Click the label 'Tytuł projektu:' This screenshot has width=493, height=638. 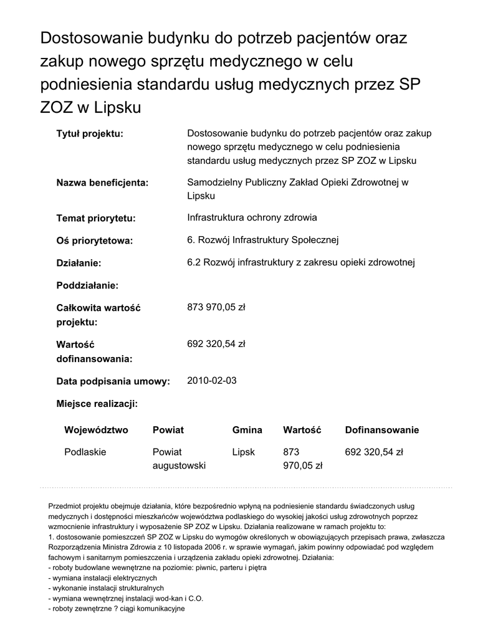click(x=90, y=134)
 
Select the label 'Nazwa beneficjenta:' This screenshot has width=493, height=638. click(x=102, y=183)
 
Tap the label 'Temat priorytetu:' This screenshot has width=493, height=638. click(x=95, y=219)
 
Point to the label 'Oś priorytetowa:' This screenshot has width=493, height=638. click(x=95, y=241)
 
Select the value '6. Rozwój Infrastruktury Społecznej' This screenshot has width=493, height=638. click(x=263, y=240)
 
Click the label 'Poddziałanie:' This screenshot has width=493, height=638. click(x=87, y=285)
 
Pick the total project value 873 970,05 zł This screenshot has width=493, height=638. click(x=216, y=307)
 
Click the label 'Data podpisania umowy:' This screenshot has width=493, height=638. click(x=113, y=382)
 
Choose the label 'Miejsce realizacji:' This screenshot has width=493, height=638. click(x=97, y=404)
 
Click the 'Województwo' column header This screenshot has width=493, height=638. click(x=96, y=431)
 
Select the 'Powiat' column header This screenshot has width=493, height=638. click(x=168, y=431)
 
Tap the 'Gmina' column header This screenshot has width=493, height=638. click(x=247, y=431)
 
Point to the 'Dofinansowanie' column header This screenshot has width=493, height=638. click(x=382, y=431)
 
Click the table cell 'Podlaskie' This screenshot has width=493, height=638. click(x=85, y=452)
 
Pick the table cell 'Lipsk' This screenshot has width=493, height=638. click(x=244, y=452)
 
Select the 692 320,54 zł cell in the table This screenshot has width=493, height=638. click(x=374, y=452)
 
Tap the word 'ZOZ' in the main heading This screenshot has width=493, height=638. click(x=56, y=108)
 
